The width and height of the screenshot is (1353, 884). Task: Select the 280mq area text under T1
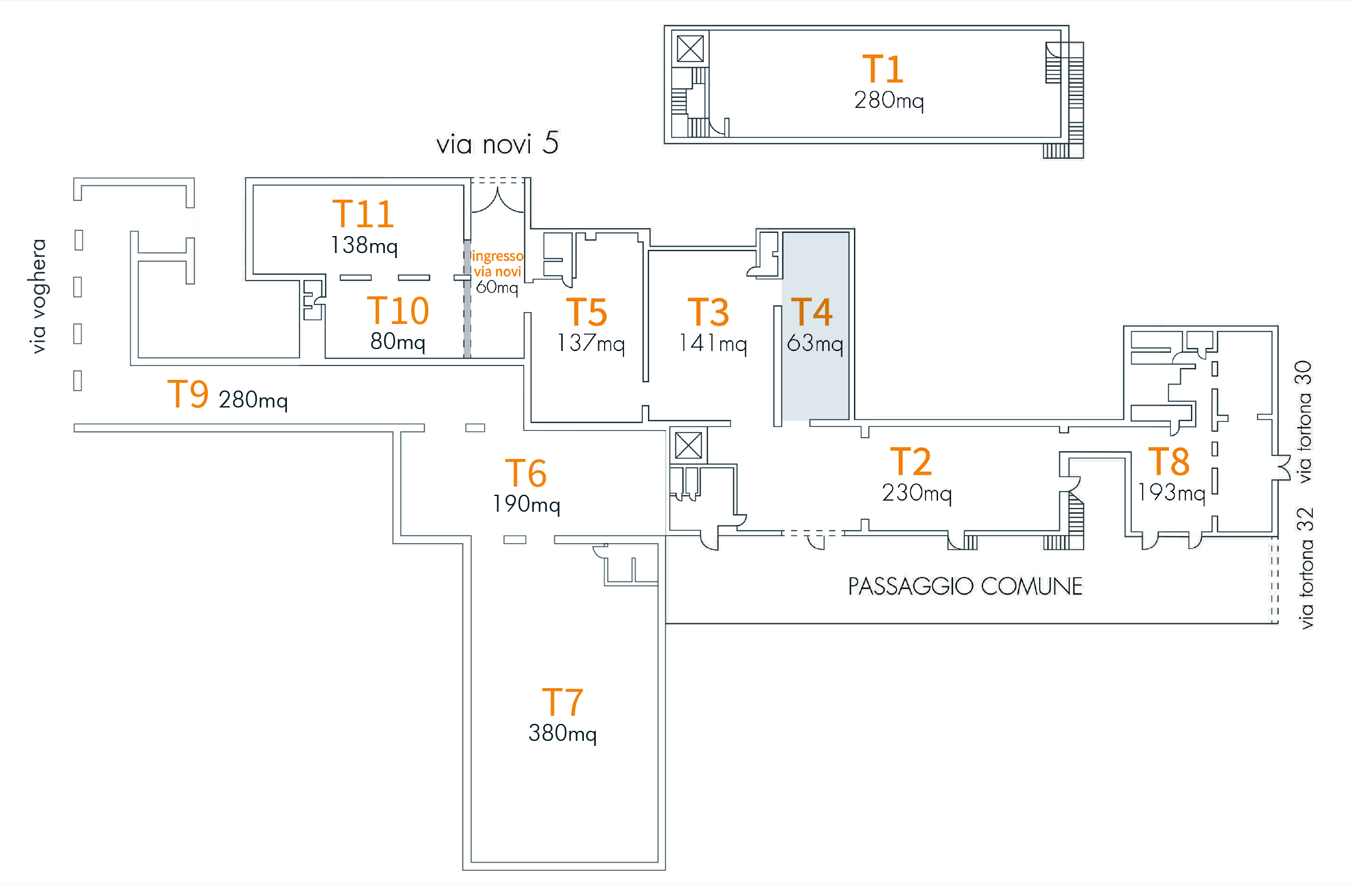[x=888, y=100]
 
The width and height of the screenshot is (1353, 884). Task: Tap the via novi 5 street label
[x=497, y=144]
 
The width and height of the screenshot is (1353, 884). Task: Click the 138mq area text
[x=364, y=245]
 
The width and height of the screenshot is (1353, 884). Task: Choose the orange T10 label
[x=397, y=311]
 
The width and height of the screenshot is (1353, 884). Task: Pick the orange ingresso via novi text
[x=497, y=264]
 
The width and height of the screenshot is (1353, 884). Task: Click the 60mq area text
[x=497, y=288]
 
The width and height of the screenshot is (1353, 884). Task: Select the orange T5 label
[x=586, y=312]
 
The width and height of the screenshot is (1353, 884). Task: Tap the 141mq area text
[x=713, y=344]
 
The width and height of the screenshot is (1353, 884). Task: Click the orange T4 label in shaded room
[x=811, y=312]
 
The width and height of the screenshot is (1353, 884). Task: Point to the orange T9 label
[x=188, y=394]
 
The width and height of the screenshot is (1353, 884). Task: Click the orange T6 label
[x=526, y=473]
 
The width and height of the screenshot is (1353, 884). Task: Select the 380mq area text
[x=562, y=733]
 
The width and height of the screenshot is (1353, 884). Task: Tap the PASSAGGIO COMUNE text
[x=965, y=586]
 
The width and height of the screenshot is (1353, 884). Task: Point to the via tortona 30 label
[x=1303, y=421]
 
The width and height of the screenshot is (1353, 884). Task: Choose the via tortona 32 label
[x=1305, y=568]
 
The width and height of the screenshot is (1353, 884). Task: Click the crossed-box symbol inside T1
[x=690, y=49]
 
